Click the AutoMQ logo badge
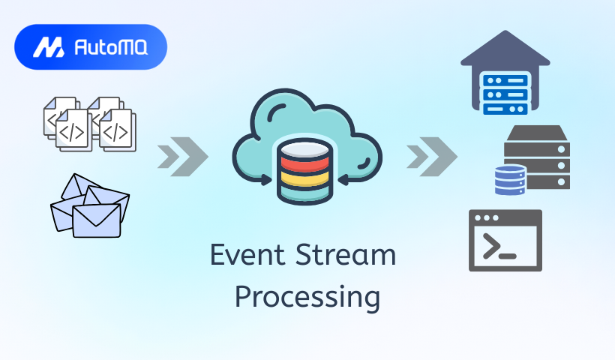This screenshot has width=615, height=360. (x=90, y=47)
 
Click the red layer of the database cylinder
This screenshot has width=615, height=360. (x=304, y=160)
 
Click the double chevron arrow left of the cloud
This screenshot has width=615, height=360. (x=182, y=156)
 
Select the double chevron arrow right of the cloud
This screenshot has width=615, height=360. (x=431, y=156)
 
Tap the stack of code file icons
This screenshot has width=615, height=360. (x=89, y=124)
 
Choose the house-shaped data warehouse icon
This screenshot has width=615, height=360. (x=505, y=72)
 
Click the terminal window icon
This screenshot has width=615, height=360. (x=505, y=240)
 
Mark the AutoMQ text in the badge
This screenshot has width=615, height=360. (x=111, y=48)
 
